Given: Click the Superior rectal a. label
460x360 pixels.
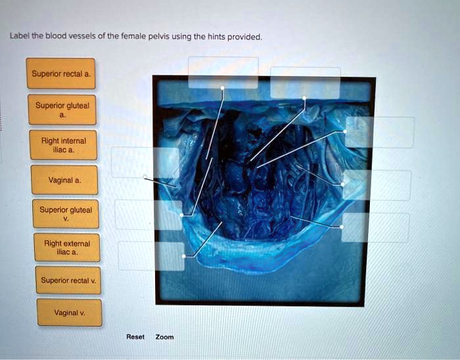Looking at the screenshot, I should click(62, 74).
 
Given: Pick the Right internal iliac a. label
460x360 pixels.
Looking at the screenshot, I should click(63, 145).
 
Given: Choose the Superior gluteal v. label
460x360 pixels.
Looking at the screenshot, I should click(66, 214).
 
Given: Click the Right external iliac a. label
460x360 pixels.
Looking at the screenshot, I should click(67, 248).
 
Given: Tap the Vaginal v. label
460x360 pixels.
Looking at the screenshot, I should click(69, 313).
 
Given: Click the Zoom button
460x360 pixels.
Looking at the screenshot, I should click(164, 337).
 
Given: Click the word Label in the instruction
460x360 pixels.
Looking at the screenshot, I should click(17, 37).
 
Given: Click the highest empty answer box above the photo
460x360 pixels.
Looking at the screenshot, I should click(223, 72).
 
